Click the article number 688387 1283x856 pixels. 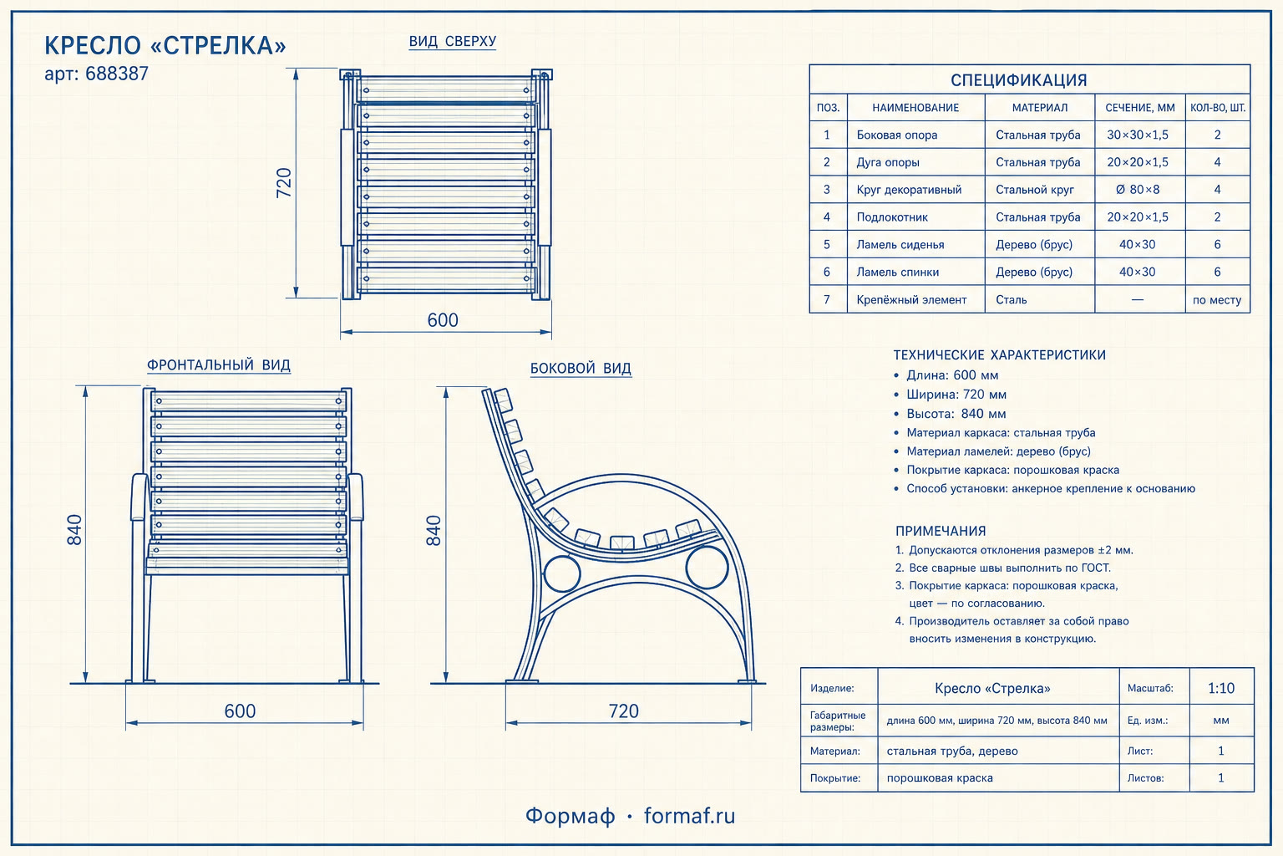pos(117,74)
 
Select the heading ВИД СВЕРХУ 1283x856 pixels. pos(453,41)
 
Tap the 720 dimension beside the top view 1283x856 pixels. pos(284,183)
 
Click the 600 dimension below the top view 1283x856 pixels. pos(443,320)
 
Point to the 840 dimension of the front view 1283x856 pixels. pos(74,530)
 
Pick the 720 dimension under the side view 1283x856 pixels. pos(623,711)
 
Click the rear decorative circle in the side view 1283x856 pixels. pos(544,573)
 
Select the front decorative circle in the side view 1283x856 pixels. pos(686,568)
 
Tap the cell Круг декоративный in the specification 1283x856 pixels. pos(909,190)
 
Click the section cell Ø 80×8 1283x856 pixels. pos(1138,190)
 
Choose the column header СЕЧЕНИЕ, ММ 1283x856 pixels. pos(1140,107)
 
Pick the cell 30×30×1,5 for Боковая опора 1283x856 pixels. pos(1138,135)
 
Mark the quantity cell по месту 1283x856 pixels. pos(1217,300)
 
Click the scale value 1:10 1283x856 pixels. pos(1221,688)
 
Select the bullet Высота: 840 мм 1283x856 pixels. pos(956,414)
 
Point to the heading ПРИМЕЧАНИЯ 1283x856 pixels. pos(941,531)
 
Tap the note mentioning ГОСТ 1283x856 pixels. pos(1003,568)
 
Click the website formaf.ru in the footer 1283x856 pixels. pos(690,815)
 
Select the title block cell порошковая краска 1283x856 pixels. pos(940,778)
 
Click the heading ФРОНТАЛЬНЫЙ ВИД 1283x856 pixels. pos(219,365)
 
